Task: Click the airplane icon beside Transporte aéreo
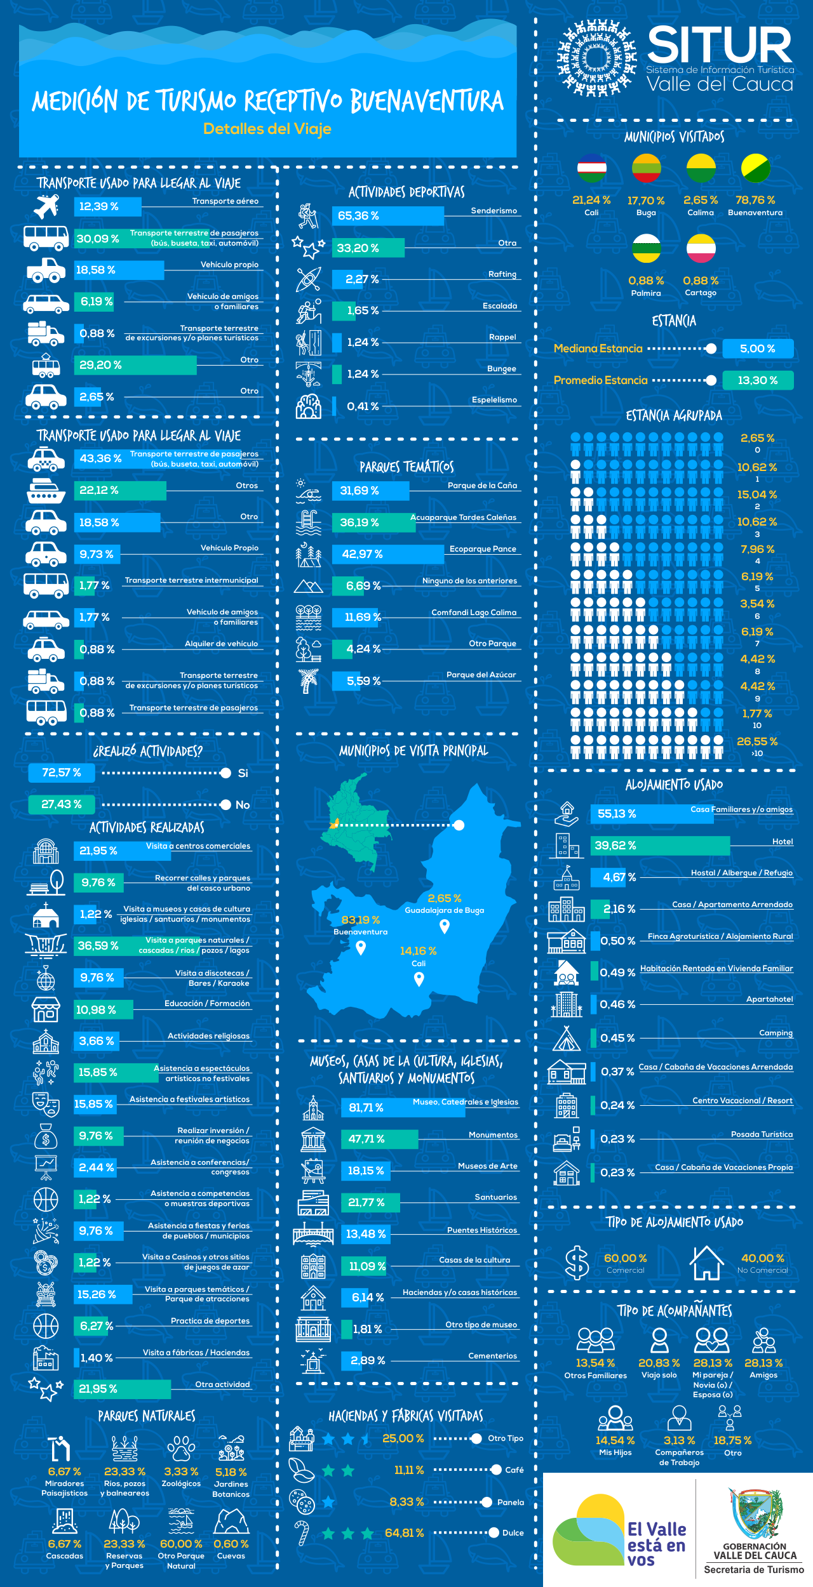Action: pos(46,206)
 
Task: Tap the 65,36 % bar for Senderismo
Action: pos(387,216)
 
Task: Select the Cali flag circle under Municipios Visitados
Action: pos(591,168)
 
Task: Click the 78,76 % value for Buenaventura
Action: pos(755,200)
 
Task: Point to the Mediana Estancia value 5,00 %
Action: pos(757,349)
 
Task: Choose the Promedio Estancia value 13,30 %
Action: pos(758,380)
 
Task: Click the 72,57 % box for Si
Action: pos(62,773)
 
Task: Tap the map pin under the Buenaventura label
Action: pos(361,948)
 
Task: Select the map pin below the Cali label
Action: pos(419,979)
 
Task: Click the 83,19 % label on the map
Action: pos(360,920)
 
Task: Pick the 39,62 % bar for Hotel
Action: pos(661,846)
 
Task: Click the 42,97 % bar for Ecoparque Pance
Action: pos(387,554)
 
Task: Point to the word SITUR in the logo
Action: pos(720,45)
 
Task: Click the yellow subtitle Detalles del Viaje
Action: pos(267,129)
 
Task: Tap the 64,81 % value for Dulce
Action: pos(404,1533)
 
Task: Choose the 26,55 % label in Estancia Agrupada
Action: pos(757,741)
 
